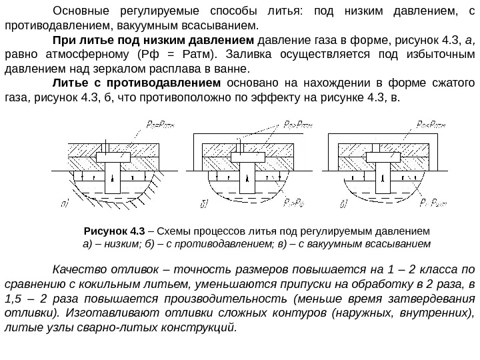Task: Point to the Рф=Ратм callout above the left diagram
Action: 159,124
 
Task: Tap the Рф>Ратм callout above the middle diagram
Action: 298,124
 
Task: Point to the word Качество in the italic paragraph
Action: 77,270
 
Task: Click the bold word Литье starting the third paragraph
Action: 69,83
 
